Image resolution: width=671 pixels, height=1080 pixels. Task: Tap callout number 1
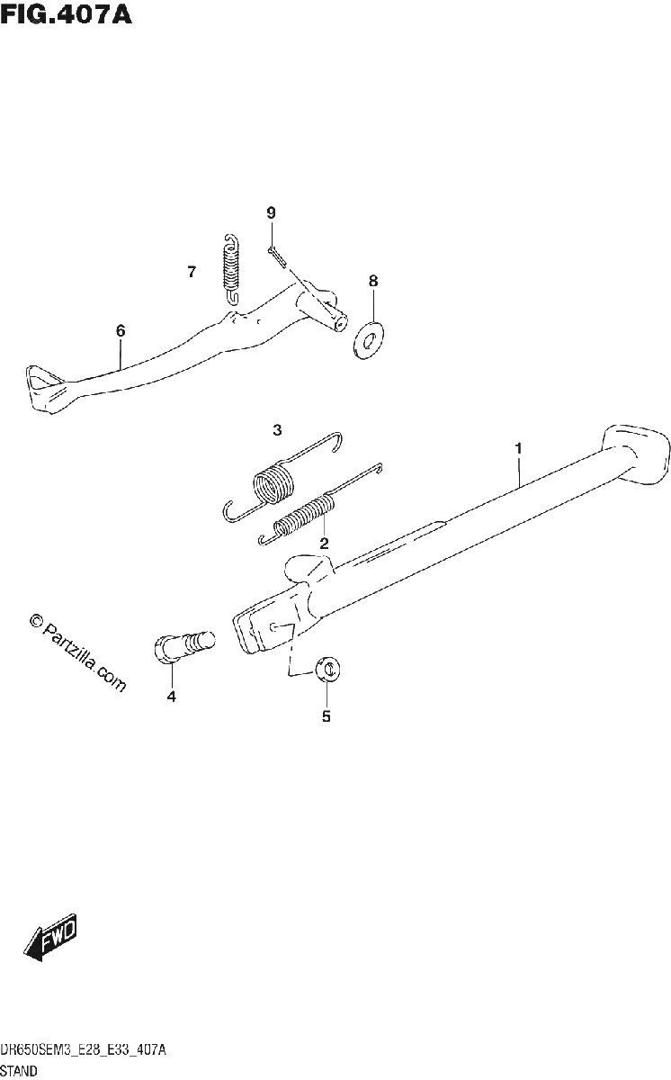(x=518, y=448)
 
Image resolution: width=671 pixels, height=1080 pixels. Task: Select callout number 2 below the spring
(x=324, y=544)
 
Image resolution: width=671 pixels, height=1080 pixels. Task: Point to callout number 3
(x=277, y=429)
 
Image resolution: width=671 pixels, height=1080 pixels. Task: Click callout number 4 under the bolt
(x=172, y=697)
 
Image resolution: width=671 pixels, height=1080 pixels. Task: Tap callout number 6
(x=121, y=331)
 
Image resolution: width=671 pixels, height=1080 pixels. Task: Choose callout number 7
(x=192, y=272)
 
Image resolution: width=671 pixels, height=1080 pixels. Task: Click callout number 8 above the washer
(x=373, y=281)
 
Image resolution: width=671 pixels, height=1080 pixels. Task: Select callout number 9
(x=272, y=212)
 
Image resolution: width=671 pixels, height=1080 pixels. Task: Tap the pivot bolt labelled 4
(x=184, y=644)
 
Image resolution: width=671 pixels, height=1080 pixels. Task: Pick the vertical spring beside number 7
(x=232, y=270)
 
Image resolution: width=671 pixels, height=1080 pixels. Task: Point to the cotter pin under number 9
(x=277, y=256)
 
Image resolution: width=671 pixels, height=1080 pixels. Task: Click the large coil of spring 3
(x=273, y=483)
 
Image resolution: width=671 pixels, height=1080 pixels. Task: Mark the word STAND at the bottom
(x=19, y=1071)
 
